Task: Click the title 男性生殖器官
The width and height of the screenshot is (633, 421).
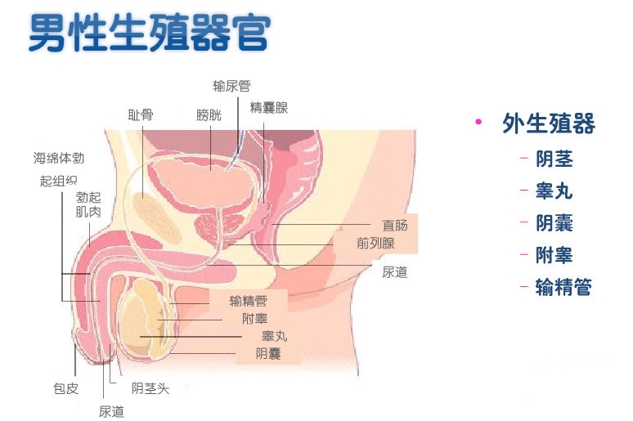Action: pos(150,33)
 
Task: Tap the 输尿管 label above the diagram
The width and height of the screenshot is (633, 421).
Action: pos(231,86)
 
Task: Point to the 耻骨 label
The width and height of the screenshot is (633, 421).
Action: pos(141,115)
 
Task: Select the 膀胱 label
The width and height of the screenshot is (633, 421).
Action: pos(209,115)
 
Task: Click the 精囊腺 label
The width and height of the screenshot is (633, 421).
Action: pos(269,108)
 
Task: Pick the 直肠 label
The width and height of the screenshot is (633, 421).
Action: pos(395,226)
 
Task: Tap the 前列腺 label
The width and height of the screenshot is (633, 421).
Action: pos(375,244)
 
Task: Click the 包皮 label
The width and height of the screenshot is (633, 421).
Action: pos(65,388)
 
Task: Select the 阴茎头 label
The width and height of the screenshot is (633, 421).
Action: pos(150,388)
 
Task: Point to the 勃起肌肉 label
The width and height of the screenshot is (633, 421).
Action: pos(88,204)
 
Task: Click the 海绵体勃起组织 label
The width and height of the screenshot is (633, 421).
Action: pos(59,169)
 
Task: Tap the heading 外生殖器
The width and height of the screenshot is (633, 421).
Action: pos(549,123)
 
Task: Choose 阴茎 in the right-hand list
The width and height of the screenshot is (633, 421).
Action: pos(554,159)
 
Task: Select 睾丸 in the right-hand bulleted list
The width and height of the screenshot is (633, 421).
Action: pos(554,191)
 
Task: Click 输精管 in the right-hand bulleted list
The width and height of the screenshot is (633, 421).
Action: pos(563,287)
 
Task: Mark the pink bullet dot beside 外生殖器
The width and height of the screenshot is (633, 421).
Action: pos(478,122)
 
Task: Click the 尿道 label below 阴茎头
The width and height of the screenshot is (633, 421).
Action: pos(111,412)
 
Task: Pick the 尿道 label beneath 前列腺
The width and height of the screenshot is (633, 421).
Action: pos(395,272)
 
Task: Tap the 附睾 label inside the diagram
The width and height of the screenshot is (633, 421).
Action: pos(254,319)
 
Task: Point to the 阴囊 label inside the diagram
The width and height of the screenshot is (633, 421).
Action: pos(268,354)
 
